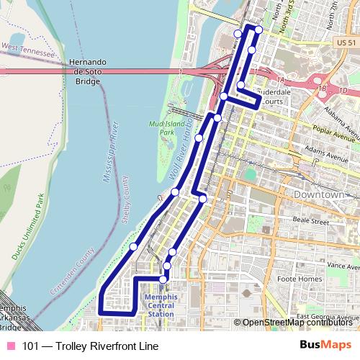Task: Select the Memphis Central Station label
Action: [159, 305]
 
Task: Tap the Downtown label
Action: [318, 195]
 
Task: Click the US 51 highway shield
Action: [346, 44]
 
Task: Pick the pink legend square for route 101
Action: [11, 346]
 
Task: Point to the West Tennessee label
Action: [29, 50]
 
